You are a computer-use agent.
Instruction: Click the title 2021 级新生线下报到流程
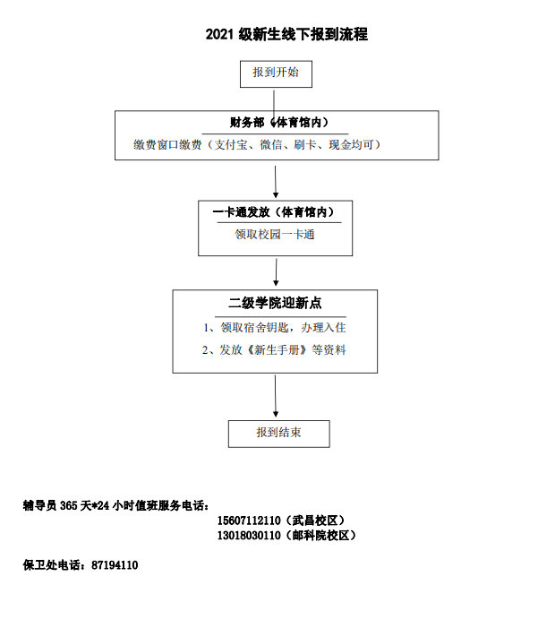[286, 34]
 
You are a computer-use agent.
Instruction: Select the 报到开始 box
[276, 74]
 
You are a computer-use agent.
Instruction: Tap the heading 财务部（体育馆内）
[279, 122]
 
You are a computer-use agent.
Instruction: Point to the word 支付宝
[231, 144]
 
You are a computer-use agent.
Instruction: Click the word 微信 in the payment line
[271, 144]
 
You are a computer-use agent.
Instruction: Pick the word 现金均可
[351, 144]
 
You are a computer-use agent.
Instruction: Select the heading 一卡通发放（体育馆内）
[274, 212]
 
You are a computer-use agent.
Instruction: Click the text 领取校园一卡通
[275, 235]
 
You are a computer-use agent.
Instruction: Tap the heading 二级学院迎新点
[276, 303]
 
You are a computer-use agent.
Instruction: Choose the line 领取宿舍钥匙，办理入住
[283, 328]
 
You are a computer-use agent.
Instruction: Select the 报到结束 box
[279, 434]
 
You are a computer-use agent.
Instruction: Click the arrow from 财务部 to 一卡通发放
[276, 182]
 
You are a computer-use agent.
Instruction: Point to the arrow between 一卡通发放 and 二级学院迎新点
[276, 272]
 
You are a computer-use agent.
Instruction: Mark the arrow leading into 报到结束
[276, 396]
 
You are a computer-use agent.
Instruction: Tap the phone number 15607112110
[249, 520]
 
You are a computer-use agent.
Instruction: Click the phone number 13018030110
[249, 536]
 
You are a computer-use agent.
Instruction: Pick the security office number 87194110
[115, 565]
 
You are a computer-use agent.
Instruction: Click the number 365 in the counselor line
[68, 506]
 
